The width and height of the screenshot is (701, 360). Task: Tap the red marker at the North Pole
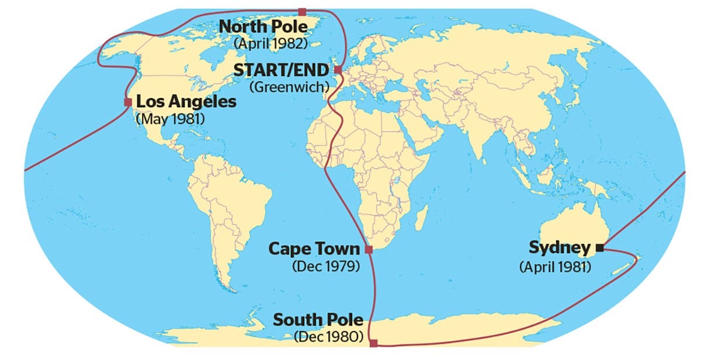click(x=302, y=12)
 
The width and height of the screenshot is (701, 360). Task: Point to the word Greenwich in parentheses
click(x=289, y=86)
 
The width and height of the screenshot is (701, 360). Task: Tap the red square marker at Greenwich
click(x=338, y=70)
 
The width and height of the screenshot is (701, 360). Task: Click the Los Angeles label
click(x=186, y=102)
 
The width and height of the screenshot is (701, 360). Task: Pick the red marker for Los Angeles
click(x=128, y=102)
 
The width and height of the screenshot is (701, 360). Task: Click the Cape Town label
click(x=314, y=249)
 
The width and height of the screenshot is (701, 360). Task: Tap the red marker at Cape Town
click(x=369, y=250)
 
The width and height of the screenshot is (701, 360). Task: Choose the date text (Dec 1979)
click(x=325, y=265)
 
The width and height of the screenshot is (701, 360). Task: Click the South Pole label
click(x=318, y=320)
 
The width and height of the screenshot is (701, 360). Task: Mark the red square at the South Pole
click(x=374, y=344)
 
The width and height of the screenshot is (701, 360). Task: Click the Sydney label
click(x=560, y=248)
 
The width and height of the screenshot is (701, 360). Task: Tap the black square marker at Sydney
click(x=599, y=248)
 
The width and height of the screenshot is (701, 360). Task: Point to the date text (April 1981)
click(x=555, y=266)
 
